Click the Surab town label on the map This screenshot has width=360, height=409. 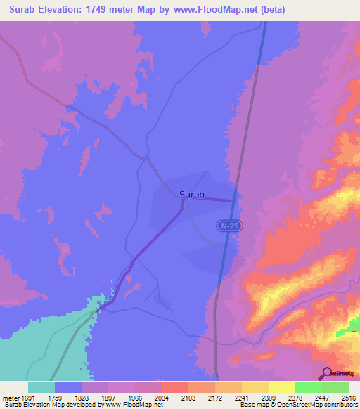pos(192,195)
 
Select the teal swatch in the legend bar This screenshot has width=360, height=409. pos(41,387)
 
